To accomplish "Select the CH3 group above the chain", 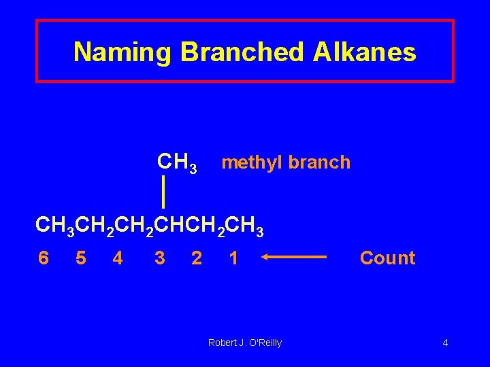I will click(177, 163).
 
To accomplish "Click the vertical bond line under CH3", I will click(164, 191).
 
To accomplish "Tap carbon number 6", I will click(44, 258).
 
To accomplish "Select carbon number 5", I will click(80, 258).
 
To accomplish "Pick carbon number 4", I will click(118, 258).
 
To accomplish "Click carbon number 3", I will click(160, 258).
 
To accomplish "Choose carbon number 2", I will click(197, 258).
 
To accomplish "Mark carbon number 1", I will click(233, 258).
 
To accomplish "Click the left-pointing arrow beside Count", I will click(294, 258).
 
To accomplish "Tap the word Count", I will click(387, 258).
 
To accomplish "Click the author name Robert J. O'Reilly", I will click(244, 343).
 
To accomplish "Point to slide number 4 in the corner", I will click(445, 343).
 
